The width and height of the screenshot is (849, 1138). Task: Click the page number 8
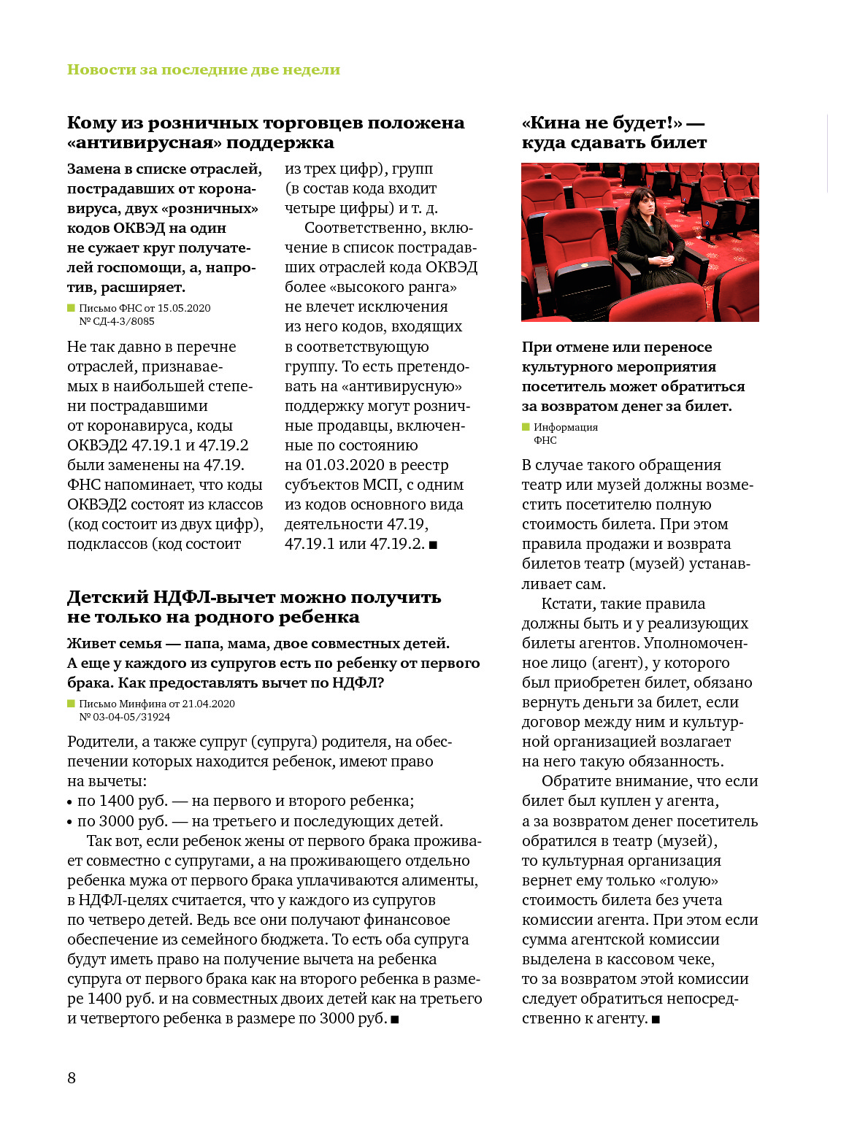(x=72, y=1078)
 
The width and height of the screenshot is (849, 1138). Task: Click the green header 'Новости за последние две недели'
(x=204, y=70)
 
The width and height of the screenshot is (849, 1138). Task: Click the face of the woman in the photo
(x=642, y=203)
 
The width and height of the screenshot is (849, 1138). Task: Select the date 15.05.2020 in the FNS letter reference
(x=184, y=308)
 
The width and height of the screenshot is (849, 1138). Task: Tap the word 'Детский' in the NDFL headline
(x=107, y=597)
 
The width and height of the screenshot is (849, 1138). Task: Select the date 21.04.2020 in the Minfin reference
(x=209, y=704)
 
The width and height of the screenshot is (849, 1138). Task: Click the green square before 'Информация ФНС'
(x=526, y=427)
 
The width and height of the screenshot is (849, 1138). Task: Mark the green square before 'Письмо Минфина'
(x=71, y=704)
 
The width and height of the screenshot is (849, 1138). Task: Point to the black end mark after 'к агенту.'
(x=656, y=1019)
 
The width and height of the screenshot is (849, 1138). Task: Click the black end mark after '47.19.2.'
(x=433, y=545)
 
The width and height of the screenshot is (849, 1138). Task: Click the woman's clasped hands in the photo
(x=659, y=259)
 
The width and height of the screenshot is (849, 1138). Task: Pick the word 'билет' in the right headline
(x=678, y=143)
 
